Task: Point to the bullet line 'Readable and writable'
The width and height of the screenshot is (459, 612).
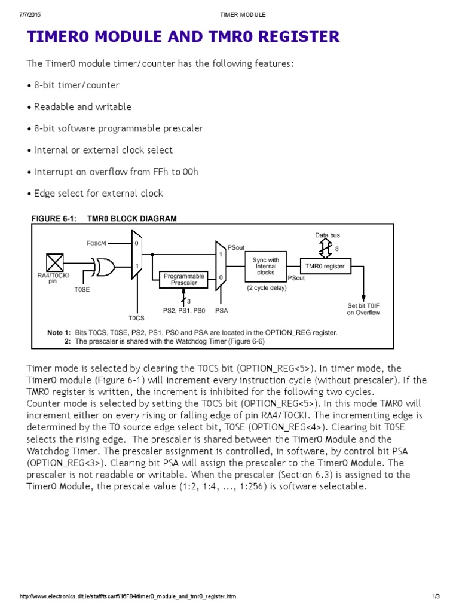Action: point(82,107)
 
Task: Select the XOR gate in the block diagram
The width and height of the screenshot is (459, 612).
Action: point(104,267)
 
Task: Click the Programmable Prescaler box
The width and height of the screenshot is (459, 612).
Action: point(184,279)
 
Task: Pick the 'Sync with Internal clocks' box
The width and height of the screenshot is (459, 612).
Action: point(265,265)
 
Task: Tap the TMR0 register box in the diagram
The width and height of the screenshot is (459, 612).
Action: point(325,266)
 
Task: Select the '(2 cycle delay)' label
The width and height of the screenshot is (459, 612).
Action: point(267,287)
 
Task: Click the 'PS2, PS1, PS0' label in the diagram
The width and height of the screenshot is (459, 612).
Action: point(184,311)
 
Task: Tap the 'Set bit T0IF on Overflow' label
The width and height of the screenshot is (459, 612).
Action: point(363,309)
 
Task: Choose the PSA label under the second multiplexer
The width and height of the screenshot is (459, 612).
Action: point(221,311)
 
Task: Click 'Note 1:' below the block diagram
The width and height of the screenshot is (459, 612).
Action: point(59,332)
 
